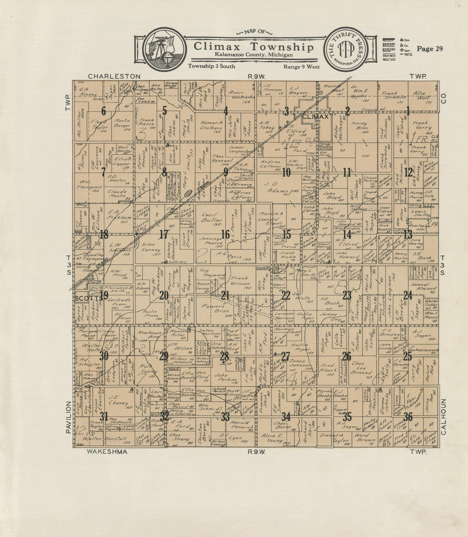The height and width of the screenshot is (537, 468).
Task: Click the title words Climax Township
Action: [254, 46]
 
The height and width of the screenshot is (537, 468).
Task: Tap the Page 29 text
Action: [430, 49]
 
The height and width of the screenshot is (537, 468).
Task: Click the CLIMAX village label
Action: [315, 116]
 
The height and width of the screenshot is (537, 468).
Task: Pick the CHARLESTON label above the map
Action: [114, 76]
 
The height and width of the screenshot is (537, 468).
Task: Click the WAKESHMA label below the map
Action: [107, 452]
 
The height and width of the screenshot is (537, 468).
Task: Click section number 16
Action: [225, 234]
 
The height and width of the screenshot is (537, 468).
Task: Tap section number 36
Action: [408, 417]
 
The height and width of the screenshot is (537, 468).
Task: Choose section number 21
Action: [225, 295]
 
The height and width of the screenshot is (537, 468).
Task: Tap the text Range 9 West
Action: [301, 66]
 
